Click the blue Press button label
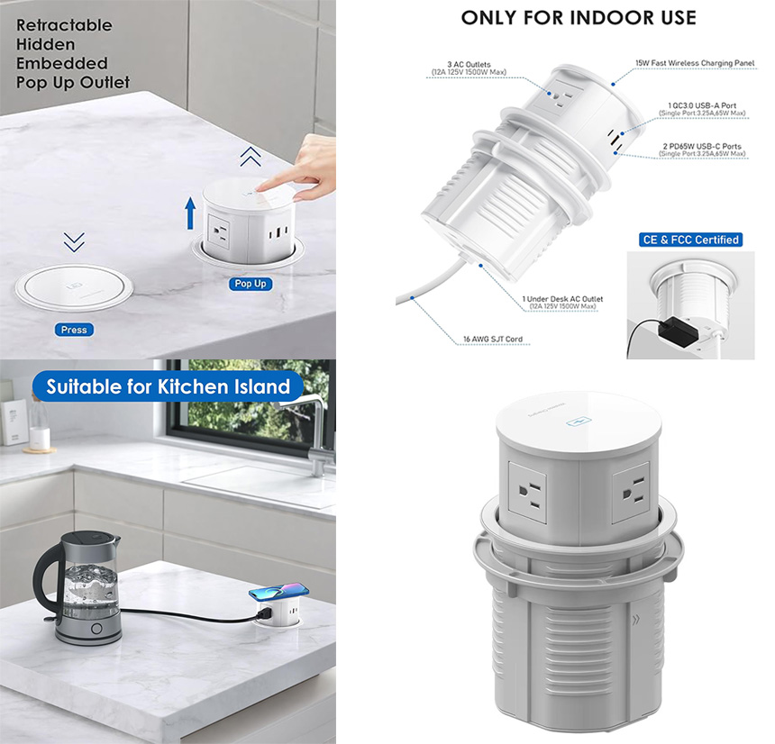coord(74,330)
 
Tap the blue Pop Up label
coord(251,284)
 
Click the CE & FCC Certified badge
coord(690,240)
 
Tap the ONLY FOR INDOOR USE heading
coord(579,17)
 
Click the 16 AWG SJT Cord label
coord(489,340)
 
